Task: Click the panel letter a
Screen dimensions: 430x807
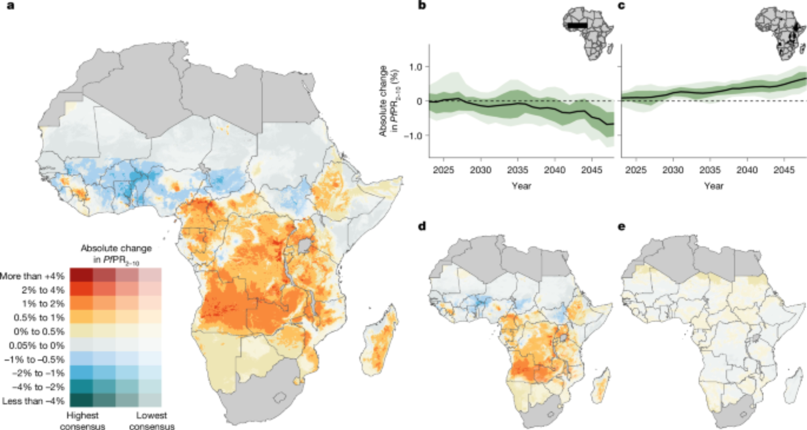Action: [x=11, y=6]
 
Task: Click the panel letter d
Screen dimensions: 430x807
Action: [x=422, y=227]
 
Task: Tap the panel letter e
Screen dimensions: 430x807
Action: [x=622, y=227]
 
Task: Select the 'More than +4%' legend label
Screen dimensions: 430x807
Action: [x=32, y=276]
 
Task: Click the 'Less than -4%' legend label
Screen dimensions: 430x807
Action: [x=33, y=401]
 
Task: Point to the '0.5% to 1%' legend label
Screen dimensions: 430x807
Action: [x=39, y=318]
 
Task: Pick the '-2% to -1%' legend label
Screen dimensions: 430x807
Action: [x=38, y=373]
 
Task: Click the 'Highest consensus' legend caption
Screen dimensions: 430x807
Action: [x=82, y=420]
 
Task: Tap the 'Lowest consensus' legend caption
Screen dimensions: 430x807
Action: [x=152, y=420]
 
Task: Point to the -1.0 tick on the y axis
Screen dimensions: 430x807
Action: [x=413, y=136]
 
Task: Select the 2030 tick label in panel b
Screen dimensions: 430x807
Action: [x=480, y=170]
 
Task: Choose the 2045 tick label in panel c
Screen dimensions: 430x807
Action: [x=784, y=170]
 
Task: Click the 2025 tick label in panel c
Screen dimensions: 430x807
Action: [x=636, y=170]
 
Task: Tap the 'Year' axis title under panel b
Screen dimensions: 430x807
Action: [x=521, y=186]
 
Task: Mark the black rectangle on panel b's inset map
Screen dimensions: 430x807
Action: [x=577, y=25]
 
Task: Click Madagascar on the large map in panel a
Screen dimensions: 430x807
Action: [x=379, y=343]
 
